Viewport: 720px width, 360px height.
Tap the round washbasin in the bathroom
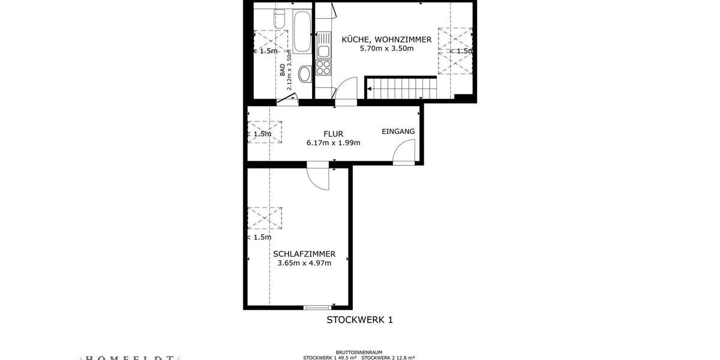tap(305, 74)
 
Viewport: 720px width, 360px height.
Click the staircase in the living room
tap(401, 88)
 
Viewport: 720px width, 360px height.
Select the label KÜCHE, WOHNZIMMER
tap(386, 40)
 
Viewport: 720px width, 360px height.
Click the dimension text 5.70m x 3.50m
tap(386, 49)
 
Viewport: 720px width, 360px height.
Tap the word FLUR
tap(333, 134)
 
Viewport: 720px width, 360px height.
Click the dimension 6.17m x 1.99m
tap(333, 143)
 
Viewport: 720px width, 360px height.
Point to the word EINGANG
tap(398, 131)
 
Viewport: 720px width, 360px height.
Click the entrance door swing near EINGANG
tap(404, 151)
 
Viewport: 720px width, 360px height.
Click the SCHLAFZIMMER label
tap(304, 254)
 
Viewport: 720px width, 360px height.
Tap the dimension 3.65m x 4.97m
tap(304, 263)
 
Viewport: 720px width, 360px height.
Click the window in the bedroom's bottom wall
tap(317, 308)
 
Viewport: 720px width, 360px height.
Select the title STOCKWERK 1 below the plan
tap(359, 320)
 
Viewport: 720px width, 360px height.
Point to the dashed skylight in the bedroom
tap(265, 218)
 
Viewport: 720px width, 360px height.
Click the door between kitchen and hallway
tap(344, 94)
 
